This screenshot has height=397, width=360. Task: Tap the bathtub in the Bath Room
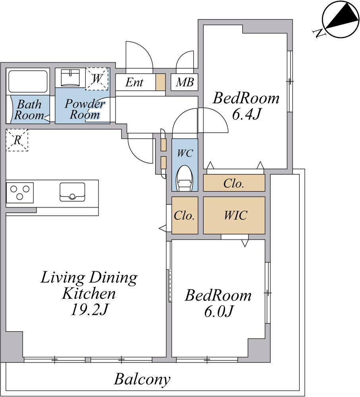click(28, 81)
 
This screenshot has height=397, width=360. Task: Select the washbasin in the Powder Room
click(71, 78)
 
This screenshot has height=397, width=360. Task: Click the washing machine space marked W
click(97, 79)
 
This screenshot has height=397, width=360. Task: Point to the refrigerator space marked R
click(17, 140)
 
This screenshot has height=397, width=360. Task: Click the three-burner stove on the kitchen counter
click(20, 193)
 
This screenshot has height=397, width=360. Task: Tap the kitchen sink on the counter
click(72, 192)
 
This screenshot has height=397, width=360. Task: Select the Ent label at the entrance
click(134, 82)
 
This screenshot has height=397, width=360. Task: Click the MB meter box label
click(185, 82)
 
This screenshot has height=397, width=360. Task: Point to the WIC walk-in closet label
click(235, 216)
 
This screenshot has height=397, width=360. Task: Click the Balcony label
click(142, 379)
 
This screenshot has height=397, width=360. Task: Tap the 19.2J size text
click(89, 309)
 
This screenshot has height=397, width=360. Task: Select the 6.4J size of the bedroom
click(246, 114)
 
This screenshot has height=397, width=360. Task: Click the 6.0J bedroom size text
click(218, 311)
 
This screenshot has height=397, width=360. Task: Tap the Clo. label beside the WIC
click(184, 216)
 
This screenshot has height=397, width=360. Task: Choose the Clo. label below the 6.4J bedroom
click(234, 183)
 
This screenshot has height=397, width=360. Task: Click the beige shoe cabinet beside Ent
click(160, 82)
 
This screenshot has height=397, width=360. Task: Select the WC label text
click(185, 153)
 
